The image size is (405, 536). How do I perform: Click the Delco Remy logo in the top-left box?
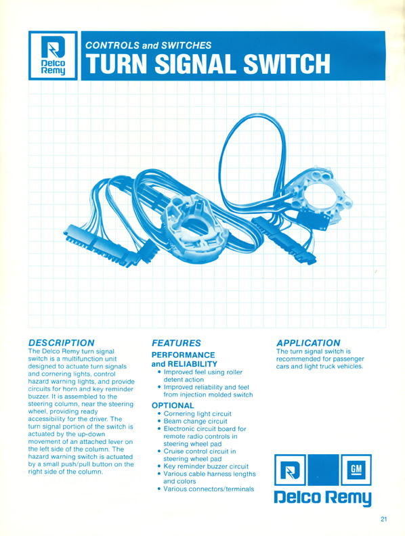point(53,55)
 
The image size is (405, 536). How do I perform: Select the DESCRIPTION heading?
point(61,343)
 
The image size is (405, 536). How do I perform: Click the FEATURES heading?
point(176,343)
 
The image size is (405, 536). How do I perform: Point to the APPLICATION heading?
point(308,343)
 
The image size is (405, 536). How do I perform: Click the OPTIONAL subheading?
point(173,405)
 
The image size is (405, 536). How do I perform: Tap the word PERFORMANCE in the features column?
point(184,355)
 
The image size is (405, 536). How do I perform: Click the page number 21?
point(384,519)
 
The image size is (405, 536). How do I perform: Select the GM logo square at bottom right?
point(356,470)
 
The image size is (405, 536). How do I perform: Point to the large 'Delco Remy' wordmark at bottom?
point(322,498)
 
